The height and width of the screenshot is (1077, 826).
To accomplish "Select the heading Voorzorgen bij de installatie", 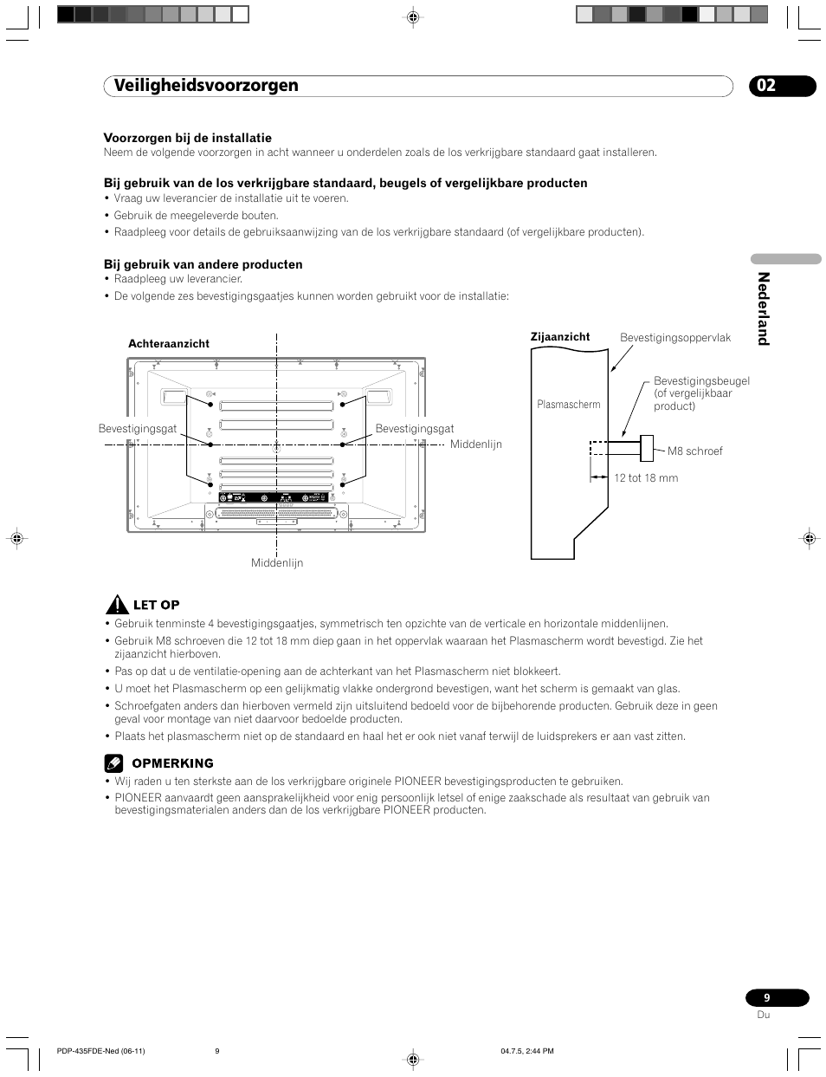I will [188, 138].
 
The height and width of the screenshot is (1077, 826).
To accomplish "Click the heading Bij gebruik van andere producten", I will [203, 264].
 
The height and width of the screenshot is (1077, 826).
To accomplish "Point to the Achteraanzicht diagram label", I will [169, 344].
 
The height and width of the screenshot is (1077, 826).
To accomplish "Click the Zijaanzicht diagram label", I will [560, 337].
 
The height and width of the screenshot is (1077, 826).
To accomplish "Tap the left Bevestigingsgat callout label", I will [138, 429].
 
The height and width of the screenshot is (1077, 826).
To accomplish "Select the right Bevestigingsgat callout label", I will [415, 429].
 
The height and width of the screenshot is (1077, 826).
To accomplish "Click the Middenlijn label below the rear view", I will [277, 563].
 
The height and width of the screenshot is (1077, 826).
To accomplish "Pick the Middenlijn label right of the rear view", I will [476, 444].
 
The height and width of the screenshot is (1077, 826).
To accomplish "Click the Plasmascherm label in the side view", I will [569, 405].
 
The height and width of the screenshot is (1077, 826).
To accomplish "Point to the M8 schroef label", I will [694, 451].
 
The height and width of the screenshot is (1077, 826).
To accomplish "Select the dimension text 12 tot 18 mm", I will [646, 478].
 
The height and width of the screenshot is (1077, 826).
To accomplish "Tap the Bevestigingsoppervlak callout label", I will [675, 338].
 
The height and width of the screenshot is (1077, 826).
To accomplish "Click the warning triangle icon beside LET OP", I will [117, 605].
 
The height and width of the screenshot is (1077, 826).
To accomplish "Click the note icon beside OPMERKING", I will [114, 763].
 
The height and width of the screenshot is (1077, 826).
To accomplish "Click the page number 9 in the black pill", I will [767, 998].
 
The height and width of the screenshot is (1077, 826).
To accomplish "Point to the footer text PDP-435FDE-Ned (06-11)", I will [100, 1051].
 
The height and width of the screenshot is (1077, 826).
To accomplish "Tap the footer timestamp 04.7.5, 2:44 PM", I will [527, 1051].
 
